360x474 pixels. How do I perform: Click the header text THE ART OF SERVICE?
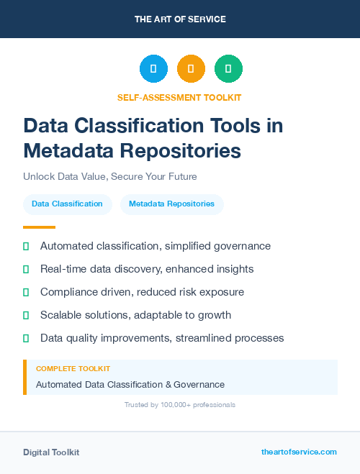coord(180,19)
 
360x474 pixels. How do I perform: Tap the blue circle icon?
coord(153,69)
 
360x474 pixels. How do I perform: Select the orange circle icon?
coord(191,69)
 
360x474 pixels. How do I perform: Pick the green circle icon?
coord(228,69)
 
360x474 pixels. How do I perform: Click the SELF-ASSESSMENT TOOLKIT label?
coord(179,97)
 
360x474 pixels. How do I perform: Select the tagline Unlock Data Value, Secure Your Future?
coord(109,176)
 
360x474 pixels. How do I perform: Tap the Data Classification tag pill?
coord(67,204)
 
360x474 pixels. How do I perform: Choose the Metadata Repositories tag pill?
coord(171,204)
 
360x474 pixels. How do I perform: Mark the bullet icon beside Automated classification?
coord(26,246)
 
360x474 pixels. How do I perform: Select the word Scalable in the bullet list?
coord(62,315)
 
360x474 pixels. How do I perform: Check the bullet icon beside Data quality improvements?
coord(26,338)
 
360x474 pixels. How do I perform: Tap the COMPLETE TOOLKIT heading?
coord(73,368)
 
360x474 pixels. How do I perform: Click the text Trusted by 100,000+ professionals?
coord(179,405)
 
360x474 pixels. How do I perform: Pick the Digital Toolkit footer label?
coord(51,452)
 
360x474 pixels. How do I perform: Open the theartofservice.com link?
coord(299,452)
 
